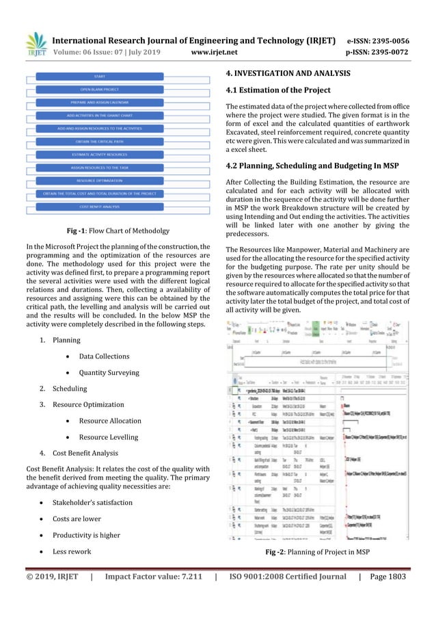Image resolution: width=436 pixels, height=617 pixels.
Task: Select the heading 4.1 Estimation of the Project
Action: (277, 90)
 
